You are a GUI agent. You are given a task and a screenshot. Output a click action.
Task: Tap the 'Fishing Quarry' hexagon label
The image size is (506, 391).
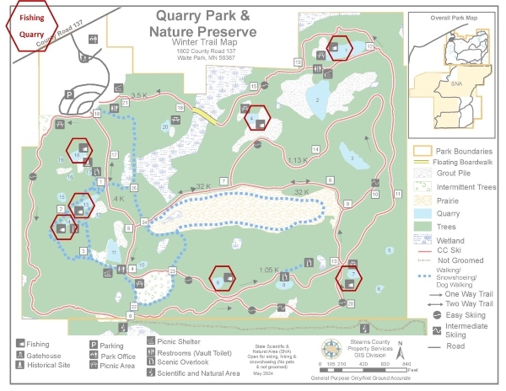click(x=32, y=25)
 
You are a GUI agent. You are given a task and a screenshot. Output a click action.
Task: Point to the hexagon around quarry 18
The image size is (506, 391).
click(x=79, y=153)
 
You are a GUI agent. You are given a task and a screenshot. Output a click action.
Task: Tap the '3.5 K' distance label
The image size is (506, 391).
click(x=138, y=95)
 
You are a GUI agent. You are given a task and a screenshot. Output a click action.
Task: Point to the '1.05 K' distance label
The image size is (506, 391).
click(x=269, y=270)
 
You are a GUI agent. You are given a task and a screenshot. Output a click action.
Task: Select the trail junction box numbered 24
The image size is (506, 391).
click(x=144, y=222)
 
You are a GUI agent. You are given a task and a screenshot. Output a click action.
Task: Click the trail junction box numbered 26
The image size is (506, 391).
click(x=133, y=188)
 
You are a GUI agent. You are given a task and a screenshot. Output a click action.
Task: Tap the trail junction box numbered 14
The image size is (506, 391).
click(x=315, y=149)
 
